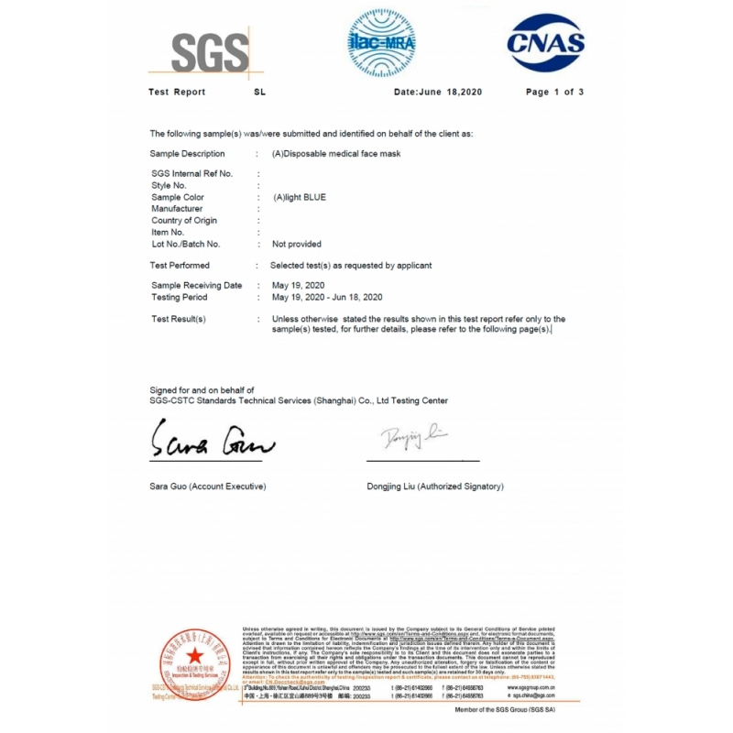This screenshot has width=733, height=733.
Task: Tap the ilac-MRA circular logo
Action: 382,43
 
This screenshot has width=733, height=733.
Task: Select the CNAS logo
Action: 546,43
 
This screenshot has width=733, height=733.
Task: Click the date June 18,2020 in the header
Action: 437,92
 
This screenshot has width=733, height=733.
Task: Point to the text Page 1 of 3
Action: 554,92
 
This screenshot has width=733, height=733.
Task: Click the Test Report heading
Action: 177,92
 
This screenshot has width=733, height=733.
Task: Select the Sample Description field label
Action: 187,154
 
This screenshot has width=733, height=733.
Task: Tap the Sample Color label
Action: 178,197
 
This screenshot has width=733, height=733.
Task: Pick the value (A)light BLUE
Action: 299,197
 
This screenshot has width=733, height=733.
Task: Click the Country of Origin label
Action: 184,221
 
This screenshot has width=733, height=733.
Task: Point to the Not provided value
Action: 297,245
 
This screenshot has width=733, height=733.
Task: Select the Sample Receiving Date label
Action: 196,286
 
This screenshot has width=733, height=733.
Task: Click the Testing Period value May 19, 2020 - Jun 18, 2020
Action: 327,298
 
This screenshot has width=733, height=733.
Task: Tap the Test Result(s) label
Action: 179,319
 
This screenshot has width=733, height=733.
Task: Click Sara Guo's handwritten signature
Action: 212,443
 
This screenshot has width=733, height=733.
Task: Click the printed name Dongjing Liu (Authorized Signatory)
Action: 434,486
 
